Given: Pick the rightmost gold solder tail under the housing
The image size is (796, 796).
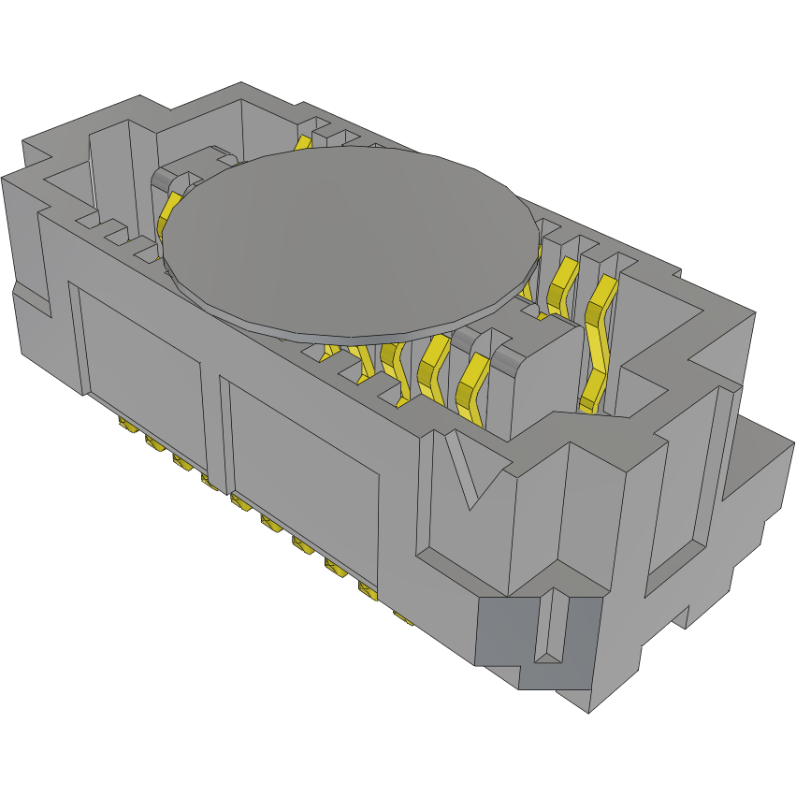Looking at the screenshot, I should (402, 616).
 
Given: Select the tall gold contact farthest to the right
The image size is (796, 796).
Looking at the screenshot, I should (599, 346).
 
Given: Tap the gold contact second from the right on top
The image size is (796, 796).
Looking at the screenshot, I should (561, 285).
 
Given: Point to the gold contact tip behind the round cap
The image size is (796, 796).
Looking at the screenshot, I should (303, 142).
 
